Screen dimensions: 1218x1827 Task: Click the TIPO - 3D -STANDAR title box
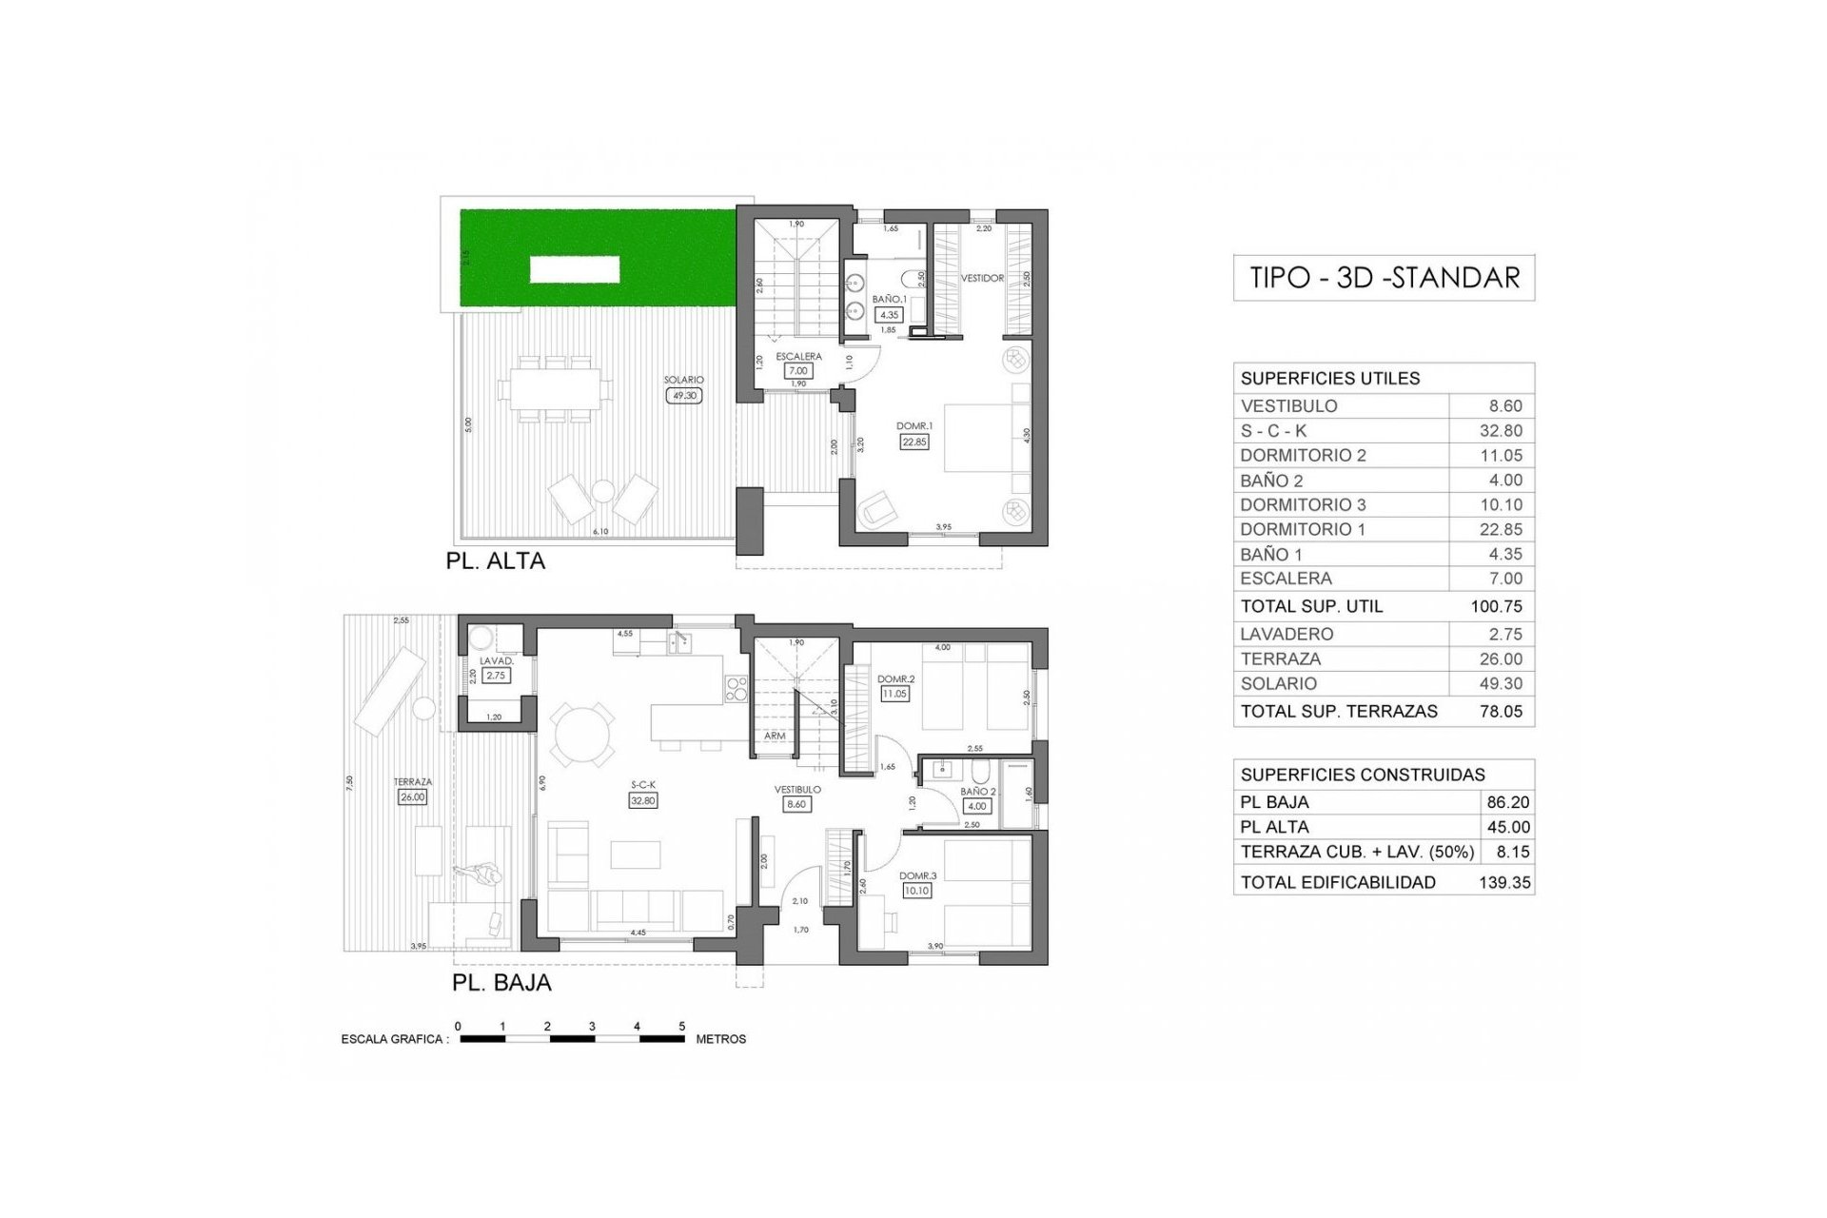(x=1384, y=278)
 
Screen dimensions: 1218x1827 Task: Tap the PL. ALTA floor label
(x=495, y=561)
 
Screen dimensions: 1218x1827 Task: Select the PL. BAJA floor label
(x=501, y=982)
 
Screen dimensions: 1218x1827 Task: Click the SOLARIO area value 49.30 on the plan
(x=683, y=395)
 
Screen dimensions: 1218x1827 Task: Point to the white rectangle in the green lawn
(x=574, y=269)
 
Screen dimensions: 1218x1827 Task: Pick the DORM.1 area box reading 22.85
(x=913, y=442)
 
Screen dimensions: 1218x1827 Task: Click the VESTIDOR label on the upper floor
(x=982, y=279)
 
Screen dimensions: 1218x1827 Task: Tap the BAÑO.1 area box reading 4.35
(x=889, y=314)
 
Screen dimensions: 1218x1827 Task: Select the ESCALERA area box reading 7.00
(x=797, y=371)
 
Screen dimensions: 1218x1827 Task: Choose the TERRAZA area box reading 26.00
(x=412, y=797)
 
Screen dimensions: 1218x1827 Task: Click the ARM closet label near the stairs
(x=775, y=737)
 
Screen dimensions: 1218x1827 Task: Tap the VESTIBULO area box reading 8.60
(x=796, y=804)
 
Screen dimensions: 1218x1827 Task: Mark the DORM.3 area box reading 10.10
(x=917, y=891)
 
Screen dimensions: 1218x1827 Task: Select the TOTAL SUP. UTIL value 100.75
(x=1497, y=606)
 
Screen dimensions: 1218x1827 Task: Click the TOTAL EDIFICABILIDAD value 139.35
(x=1504, y=882)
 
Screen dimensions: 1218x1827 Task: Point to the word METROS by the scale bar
(x=720, y=1039)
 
